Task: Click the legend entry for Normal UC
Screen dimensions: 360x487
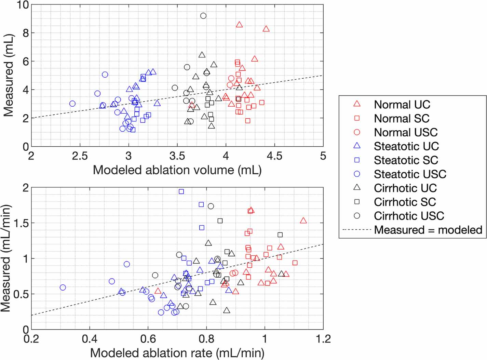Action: (x=402, y=104)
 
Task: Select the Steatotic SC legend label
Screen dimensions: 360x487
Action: (x=406, y=160)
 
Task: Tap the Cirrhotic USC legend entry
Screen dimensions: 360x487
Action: (x=409, y=216)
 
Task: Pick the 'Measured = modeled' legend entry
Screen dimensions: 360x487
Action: (x=428, y=230)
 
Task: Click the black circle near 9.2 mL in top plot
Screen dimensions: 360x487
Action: (x=203, y=16)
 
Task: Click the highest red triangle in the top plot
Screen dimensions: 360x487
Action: (x=239, y=25)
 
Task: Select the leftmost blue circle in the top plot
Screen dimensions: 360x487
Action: (x=72, y=104)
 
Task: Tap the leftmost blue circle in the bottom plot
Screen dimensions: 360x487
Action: (x=63, y=288)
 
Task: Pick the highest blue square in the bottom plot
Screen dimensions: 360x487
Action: (x=181, y=191)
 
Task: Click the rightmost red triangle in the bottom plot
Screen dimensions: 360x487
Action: (x=303, y=221)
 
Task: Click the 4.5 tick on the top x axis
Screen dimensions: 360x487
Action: (x=274, y=156)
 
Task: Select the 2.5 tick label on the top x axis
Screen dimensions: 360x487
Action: (x=80, y=156)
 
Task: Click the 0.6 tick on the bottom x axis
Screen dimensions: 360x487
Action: (x=148, y=339)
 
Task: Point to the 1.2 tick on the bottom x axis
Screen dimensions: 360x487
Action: (x=323, y=339)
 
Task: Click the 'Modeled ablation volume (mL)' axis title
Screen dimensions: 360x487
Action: (x=177, y=170)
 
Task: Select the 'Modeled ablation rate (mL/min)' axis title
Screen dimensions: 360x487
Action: (x=177, y=353)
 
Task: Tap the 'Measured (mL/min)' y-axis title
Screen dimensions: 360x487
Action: (x=6, y=258)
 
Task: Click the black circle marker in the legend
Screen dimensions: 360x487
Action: (x=357, y=216)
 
